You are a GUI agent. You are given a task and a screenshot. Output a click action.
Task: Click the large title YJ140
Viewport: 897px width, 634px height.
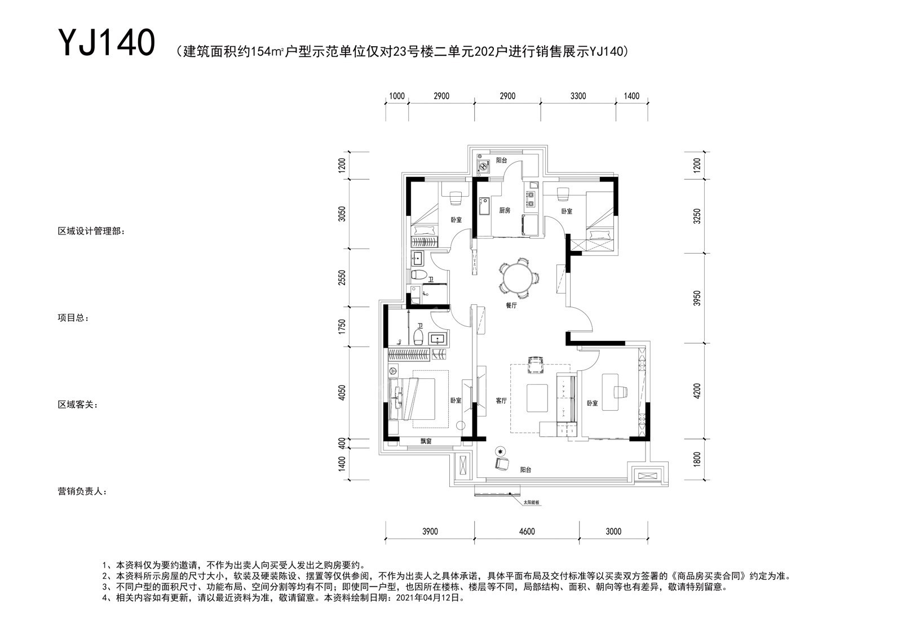[107, 42]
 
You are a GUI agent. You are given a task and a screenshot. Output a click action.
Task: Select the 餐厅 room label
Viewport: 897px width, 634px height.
[511, 305]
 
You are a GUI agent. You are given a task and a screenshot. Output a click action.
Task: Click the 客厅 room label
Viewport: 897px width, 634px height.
[501, 400]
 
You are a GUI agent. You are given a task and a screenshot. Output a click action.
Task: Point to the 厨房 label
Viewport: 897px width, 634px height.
[505, 210]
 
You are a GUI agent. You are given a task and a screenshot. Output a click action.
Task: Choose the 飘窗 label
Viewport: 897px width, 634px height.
[426, 441]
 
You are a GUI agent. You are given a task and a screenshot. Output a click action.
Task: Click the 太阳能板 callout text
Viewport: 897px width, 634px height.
[532, 502]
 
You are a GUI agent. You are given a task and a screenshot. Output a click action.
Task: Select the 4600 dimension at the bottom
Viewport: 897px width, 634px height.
[527, 531]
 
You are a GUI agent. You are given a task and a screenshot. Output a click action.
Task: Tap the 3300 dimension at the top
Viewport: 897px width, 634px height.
[578, 96]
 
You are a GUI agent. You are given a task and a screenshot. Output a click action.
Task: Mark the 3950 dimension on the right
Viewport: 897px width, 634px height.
[697, 298]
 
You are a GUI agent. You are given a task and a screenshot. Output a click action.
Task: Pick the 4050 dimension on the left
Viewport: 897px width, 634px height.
[342, 393]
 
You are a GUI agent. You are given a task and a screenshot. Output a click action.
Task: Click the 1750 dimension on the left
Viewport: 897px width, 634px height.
[342, 327]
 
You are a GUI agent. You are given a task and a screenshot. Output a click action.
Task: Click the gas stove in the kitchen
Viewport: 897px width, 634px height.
[531, 199]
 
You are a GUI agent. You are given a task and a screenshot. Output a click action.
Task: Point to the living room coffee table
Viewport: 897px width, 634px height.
[537, 398]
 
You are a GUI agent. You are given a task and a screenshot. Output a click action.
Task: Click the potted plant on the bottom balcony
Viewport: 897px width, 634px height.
[500, 451]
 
